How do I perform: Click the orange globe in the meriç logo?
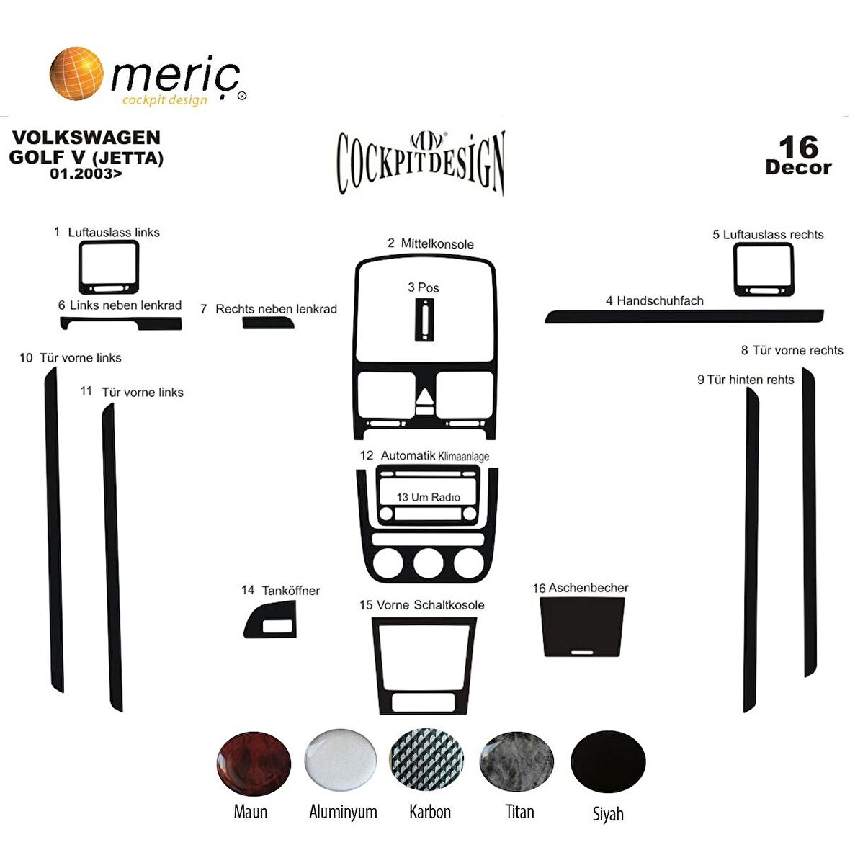(x=76, y=73)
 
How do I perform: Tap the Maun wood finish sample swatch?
(x=254, y=763)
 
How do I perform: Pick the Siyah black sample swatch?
(x=608, y=762)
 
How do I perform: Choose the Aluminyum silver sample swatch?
(x=341, y=760)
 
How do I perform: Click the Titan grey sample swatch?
(x=516, y=762)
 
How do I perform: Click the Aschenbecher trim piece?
(x=582, y=627)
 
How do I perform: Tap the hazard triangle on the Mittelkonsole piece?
(x=425, y=396)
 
